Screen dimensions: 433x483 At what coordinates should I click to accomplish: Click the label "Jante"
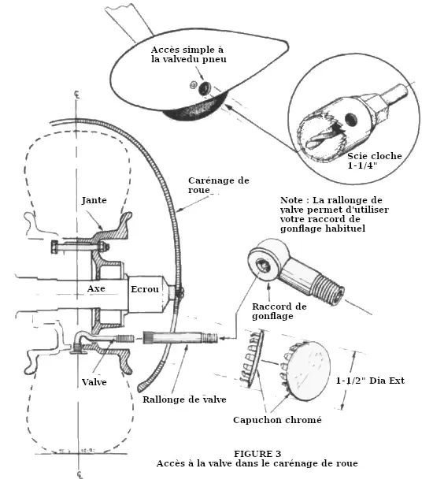94,200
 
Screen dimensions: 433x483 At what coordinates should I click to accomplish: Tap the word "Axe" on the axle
96,288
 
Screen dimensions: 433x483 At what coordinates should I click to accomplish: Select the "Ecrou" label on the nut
145,289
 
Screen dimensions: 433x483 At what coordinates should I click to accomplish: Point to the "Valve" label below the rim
94,382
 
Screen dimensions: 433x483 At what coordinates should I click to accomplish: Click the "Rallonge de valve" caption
184,399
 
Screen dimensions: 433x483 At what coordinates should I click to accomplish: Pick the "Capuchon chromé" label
277,420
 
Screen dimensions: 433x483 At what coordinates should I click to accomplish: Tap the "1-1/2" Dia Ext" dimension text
370,381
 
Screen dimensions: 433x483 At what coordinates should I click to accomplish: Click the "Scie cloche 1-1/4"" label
375,161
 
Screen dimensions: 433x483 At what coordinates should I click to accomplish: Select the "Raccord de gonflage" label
279,311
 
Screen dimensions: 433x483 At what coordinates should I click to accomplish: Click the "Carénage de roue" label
219,185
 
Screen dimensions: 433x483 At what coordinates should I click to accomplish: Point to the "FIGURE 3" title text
257,454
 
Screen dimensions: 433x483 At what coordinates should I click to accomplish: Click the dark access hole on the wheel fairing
204,88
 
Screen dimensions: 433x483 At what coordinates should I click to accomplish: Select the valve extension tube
180,337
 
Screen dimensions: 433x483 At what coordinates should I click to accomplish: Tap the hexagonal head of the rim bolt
55,247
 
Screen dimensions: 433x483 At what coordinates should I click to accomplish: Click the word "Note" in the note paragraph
291,200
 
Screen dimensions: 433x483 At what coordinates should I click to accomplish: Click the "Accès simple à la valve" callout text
188,54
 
